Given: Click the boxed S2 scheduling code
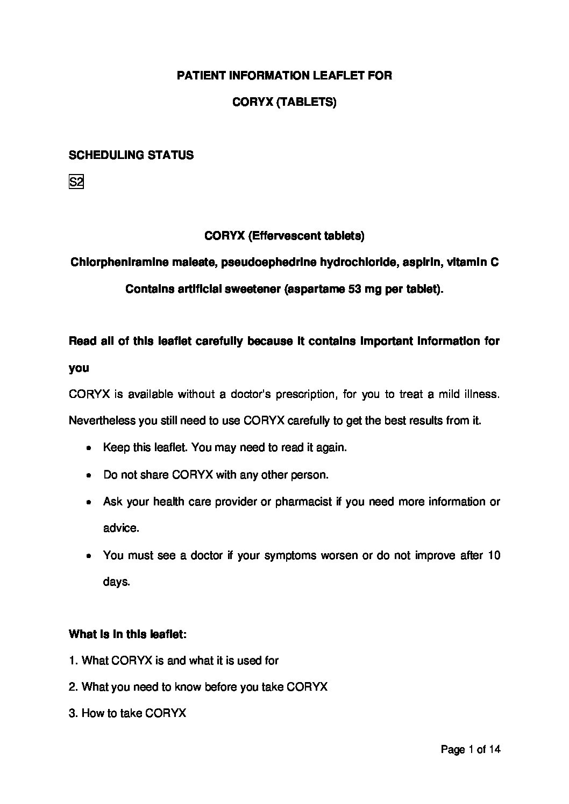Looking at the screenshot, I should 76,183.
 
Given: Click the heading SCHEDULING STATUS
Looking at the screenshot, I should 131,155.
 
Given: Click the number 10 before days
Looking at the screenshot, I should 493,555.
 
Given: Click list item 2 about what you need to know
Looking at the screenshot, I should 198,687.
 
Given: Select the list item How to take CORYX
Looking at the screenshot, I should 127,713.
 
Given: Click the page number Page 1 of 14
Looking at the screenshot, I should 470,749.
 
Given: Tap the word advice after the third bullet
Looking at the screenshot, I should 121,528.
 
